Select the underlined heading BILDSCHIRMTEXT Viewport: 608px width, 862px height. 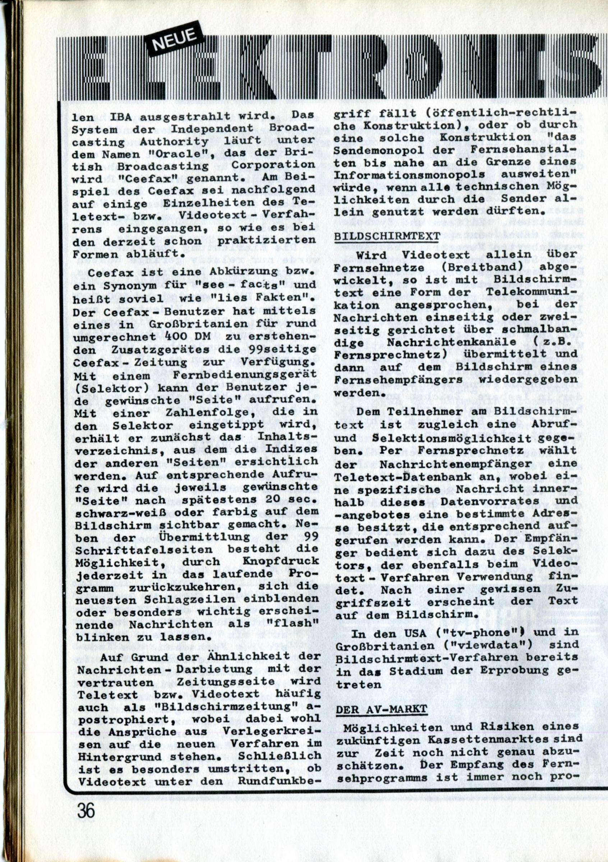387,236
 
